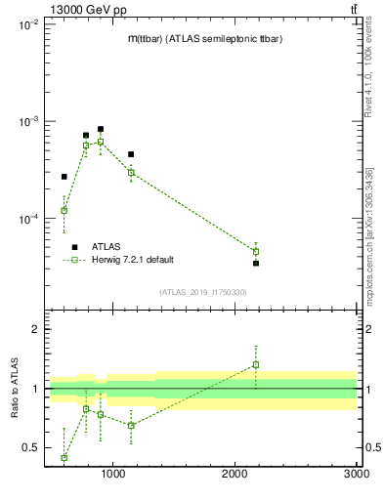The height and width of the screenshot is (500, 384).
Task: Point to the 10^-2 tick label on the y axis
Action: (x=27, y=25)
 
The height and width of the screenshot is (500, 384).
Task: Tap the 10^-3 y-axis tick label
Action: (x=27, y=122)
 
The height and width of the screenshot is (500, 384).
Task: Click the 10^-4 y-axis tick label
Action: (x=27, y=219)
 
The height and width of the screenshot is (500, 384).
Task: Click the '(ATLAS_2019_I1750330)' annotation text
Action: (x=202, y=292)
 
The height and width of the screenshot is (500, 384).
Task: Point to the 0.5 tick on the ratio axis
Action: (x=29, y=448)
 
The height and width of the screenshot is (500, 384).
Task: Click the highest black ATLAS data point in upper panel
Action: (x=101, y=129)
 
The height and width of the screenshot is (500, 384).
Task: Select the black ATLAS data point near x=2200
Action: (x=256, y=263)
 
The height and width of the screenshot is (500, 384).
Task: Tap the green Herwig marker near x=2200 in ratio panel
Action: (x=256, y=365)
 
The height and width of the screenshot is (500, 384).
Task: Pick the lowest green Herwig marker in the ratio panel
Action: (x=64, y=457)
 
